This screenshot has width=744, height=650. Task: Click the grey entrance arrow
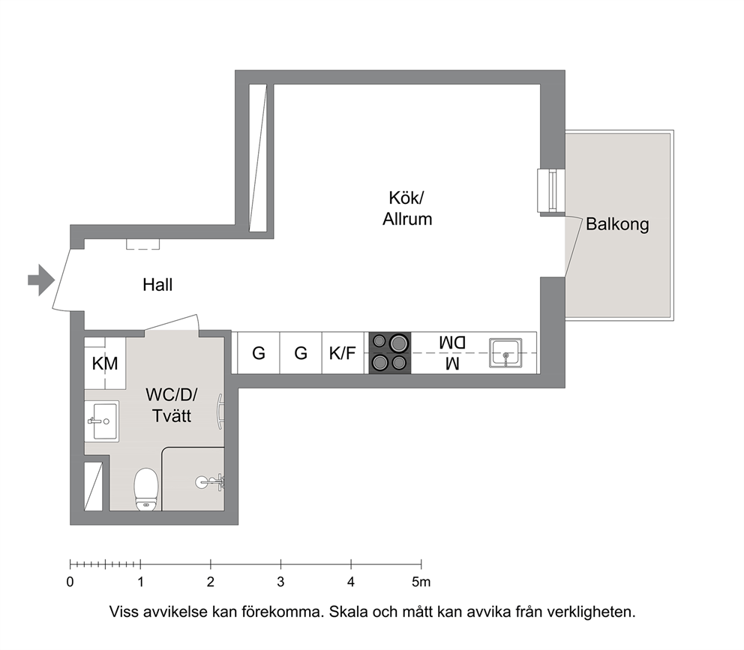(41, 280)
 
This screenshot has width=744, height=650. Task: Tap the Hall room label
(157, 285)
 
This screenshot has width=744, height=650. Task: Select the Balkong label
(617, 224)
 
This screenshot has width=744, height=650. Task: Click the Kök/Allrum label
(407, 208)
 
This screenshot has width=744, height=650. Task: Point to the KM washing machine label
(105, 364)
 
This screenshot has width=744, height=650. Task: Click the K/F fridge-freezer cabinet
(343, 353)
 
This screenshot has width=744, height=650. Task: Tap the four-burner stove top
(390, 352)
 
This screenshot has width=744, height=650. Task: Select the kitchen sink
(505, 353)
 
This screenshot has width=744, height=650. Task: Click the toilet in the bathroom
(145, 489)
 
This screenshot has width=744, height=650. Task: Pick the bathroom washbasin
(103, 421)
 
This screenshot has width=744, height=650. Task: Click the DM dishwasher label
(451, 342)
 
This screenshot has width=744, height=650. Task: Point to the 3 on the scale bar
(281, 582)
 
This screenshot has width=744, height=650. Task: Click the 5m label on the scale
(421, 582)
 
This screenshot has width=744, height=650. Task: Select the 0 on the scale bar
(70, 582)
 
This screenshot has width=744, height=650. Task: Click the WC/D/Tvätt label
(171, 405)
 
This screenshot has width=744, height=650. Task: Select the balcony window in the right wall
(551, 190)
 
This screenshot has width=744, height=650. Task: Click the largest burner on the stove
(398, 343)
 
